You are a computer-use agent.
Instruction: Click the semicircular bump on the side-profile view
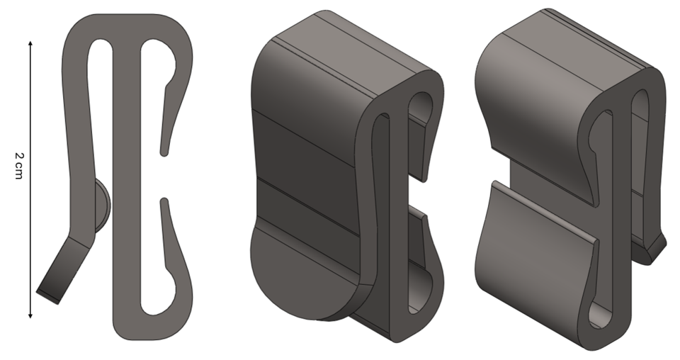[x=102, y=206]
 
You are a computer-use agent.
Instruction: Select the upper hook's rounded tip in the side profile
[x=164, y=150]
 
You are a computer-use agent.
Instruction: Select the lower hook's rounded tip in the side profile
[x=164, y=203]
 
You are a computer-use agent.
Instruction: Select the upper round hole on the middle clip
[x=423, y=102]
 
